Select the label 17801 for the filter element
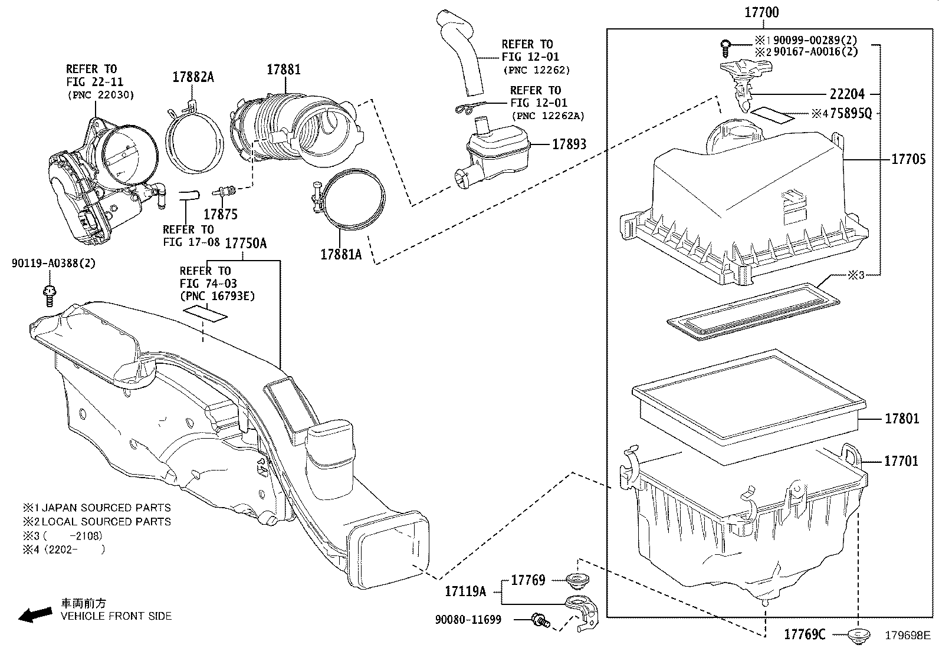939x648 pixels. tap(901, 419)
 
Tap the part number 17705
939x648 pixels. tap(908, 159)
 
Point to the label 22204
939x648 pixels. tap(847, 94)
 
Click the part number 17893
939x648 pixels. tap(569, 144)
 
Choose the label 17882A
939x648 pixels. tap(193, 77)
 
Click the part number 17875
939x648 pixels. tap(221, 214)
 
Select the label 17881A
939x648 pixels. tap(341, 254)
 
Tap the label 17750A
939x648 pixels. tap(246, 243)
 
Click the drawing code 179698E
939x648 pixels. tap(907, 636)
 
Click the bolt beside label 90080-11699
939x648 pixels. tap(539, 620)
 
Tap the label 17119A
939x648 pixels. tap(465, 591)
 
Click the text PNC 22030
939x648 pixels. tap(100, 94)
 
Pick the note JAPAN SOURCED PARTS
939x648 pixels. tap(106, 508)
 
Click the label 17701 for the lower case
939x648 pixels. tap(901, 461)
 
